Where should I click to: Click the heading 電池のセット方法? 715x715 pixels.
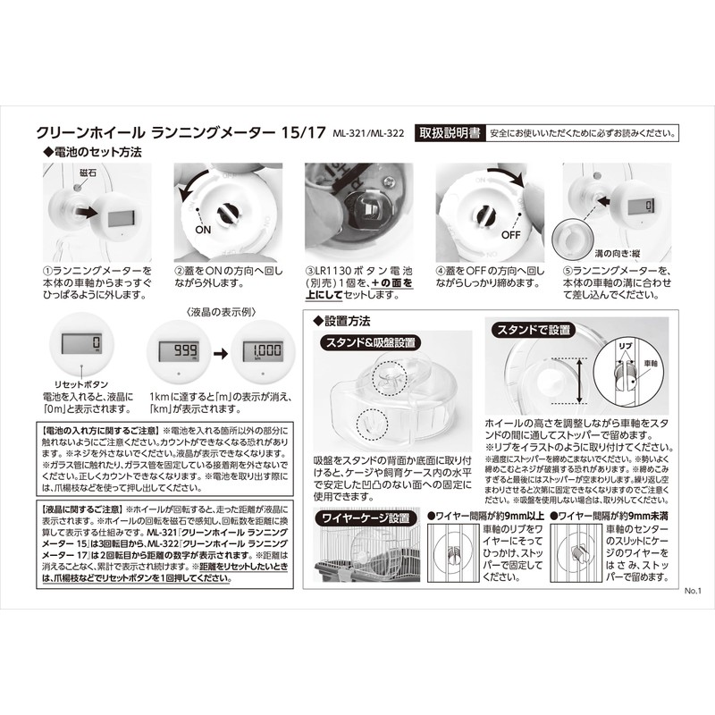coord(98,153)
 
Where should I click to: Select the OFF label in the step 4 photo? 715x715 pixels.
coord(510,236)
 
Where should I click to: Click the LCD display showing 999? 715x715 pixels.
coord(178,349)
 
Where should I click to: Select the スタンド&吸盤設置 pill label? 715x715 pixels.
coord(369,341)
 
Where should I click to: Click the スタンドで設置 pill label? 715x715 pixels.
coord(533,330)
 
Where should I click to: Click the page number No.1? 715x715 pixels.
coord(695,591)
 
